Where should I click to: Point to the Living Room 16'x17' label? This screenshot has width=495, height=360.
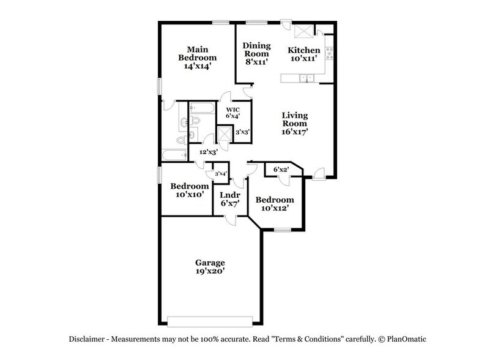294,122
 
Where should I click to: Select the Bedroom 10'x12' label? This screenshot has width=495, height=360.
275,204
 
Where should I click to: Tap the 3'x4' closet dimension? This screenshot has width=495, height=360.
220,174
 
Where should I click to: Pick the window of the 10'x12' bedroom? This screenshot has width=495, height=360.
282,230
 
